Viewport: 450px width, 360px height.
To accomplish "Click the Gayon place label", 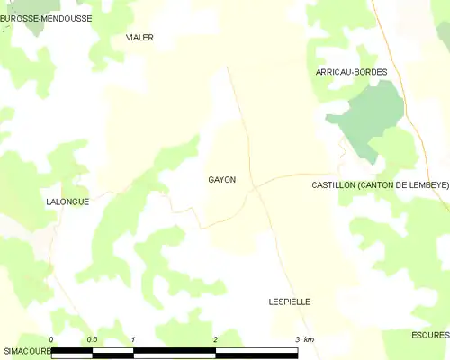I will coord(222,180).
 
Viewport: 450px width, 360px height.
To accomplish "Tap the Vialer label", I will coord(139,38).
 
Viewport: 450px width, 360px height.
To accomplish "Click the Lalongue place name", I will coord(67,202).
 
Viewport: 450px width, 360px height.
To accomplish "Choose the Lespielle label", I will coord(290,302).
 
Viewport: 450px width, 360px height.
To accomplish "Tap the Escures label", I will coord(430,335).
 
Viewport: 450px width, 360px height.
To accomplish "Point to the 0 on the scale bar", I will coord(51,339).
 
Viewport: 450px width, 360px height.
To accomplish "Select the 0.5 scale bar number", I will coord(92,339).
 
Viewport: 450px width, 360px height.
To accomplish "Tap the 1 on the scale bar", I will coord(133,339).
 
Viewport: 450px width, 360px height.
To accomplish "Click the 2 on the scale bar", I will coord(216,339).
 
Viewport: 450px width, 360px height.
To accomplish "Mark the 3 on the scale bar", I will coord(298,339).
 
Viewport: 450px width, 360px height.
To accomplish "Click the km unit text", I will coord(310,339).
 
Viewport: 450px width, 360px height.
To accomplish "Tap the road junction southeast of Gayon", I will coord(256,187).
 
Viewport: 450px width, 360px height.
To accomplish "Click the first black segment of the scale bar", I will coord(72,352).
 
